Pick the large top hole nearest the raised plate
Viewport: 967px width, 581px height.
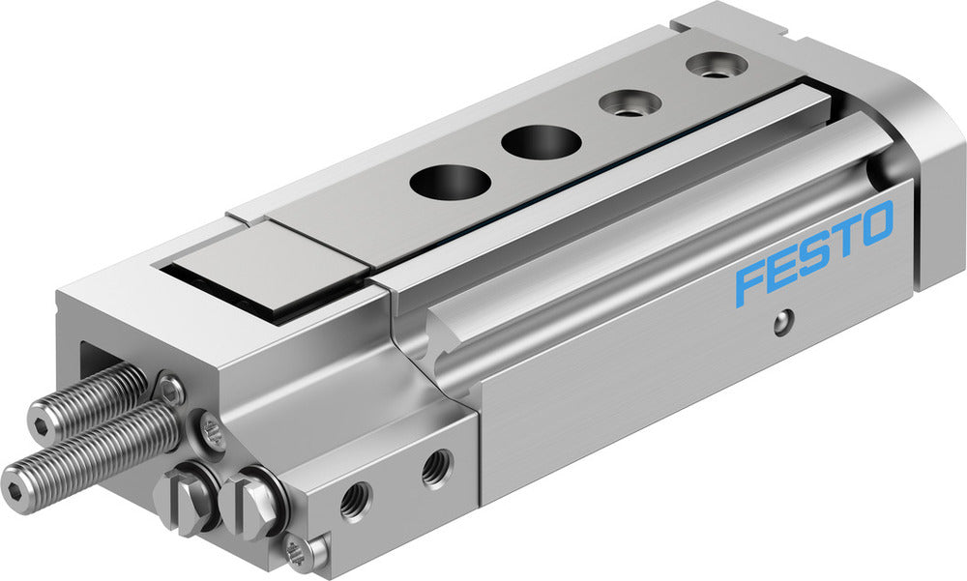pyautogui.click(x=449, y=181)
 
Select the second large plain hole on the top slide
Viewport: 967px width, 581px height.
pyautogui.click(x=541, y=143)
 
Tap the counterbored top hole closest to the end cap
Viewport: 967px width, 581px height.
pyautogui.click(x=717, y=67)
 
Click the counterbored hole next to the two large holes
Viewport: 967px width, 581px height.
pyautogui.click(x=629, y=102)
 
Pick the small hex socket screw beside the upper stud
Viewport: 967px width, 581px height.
pyautogui.click(x=171, y=390)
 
